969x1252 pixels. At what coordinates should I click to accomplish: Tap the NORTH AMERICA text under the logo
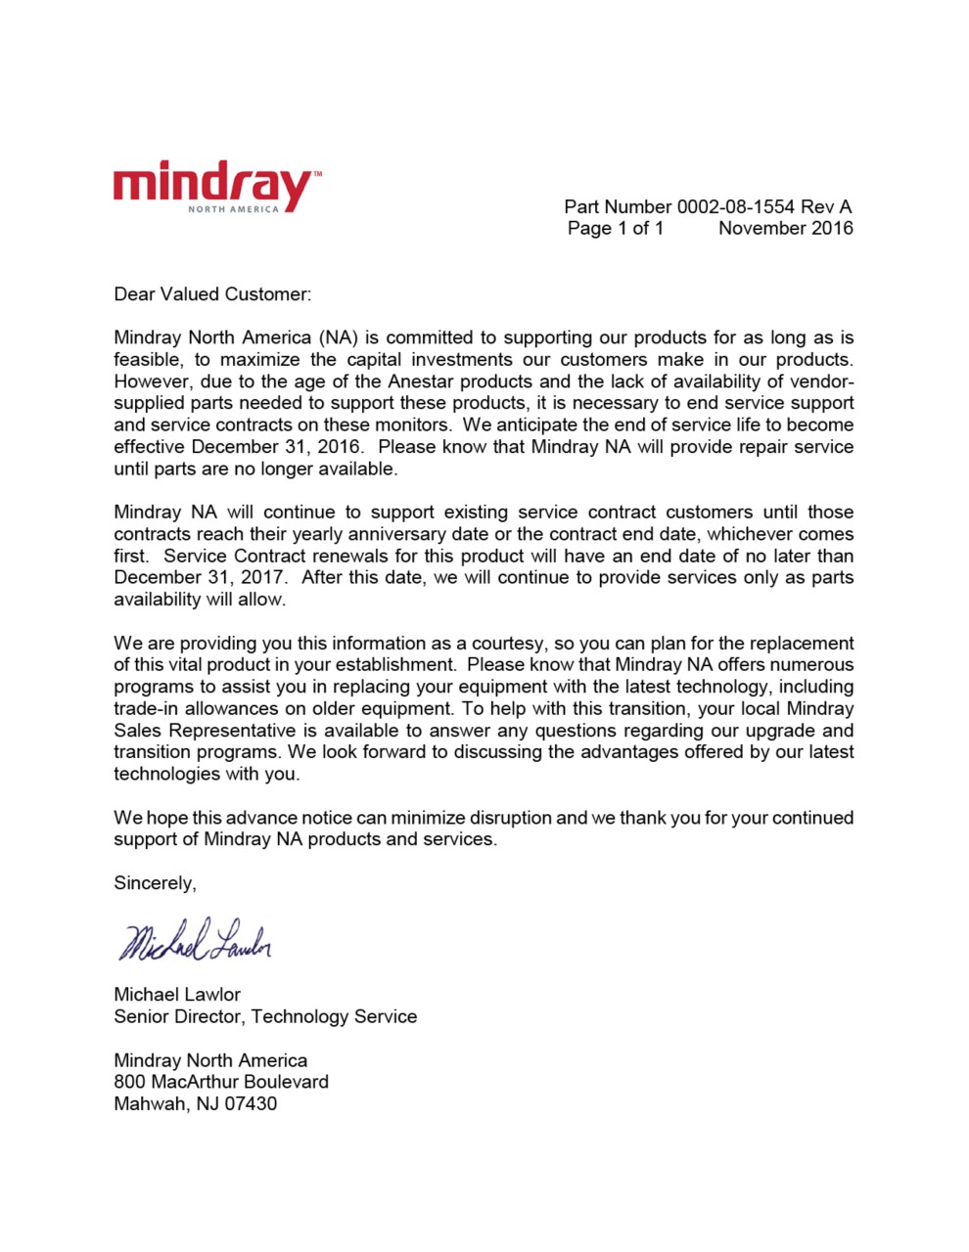click(233, 209)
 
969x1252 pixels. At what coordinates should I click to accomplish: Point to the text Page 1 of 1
click(615, 228)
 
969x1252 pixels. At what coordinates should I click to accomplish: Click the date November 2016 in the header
click(785, 228)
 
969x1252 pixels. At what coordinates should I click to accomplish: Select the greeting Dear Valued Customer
click(212, 293)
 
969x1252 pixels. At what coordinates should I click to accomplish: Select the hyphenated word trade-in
click(148, 709)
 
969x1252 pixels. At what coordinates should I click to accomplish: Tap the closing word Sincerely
click(155, 883)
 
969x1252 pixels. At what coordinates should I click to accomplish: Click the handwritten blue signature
click(195, 941)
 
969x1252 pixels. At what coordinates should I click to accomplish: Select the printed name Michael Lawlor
click(177, 995)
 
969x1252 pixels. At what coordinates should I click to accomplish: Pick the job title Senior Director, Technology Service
click(265, 1016)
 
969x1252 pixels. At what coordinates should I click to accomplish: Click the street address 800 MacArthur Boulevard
click(221, 1082)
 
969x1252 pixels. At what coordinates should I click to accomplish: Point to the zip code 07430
click(251, 1104)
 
